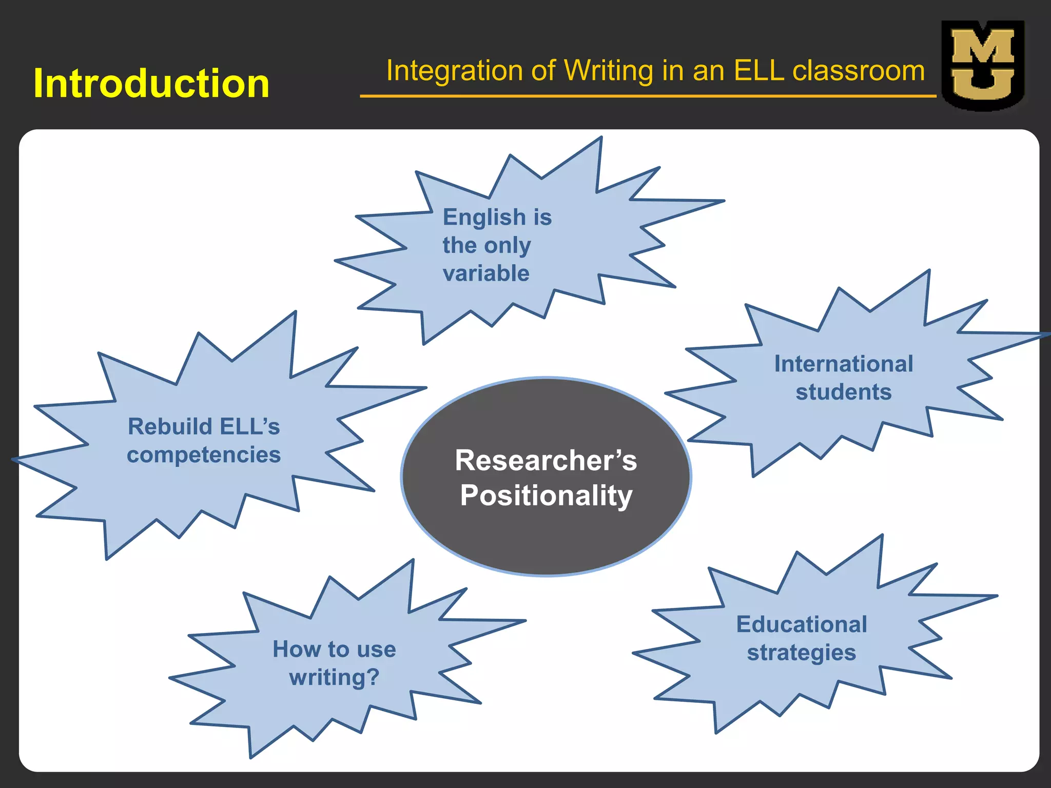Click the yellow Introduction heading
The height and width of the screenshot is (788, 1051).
coord(151,83)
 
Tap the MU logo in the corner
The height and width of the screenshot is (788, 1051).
coord(983,65)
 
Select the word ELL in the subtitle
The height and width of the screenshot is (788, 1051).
coord(759,70)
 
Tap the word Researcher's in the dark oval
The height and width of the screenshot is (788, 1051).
coord(546,460)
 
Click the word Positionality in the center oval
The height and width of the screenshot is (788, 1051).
coord(546,496)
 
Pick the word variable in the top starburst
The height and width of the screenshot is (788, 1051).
coord(486,273)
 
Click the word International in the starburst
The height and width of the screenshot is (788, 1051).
coord(844,364)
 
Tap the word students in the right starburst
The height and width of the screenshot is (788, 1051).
coord(844,392)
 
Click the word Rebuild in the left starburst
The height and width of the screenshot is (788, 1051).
coord(170,426)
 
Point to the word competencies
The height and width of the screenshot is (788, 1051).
coord(204,455)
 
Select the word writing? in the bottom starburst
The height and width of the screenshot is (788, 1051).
coord(334,677)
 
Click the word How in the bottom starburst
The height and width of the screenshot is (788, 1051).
coord(289,649)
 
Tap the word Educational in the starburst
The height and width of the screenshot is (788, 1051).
coord(802,624)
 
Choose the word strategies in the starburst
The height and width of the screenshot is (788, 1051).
coord(802,653)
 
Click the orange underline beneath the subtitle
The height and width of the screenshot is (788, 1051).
coord(648,96)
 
